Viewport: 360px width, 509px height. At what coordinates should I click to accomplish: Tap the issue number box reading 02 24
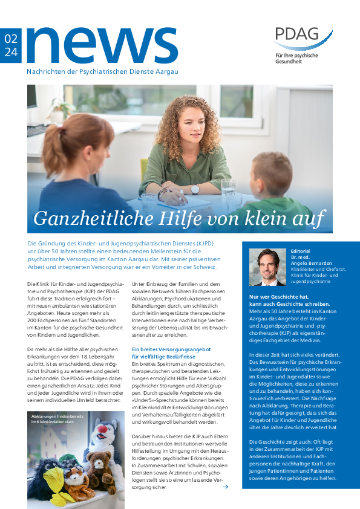tap(11, 45)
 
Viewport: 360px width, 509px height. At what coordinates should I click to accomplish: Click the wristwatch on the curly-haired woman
tap(195, 189)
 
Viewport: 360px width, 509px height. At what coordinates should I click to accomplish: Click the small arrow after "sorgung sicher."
tap(225, 487)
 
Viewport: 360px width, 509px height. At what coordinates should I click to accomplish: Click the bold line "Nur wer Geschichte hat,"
tap(279, 297)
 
